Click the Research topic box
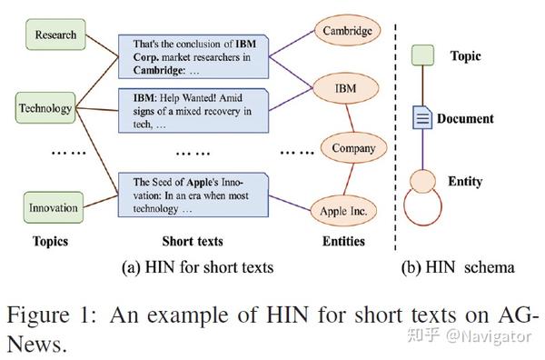tap(55, 35)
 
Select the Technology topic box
tap(45, 108)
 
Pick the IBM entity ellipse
tap(345, 89)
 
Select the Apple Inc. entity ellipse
tap(342, 211)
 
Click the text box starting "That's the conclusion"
tap(191, 56)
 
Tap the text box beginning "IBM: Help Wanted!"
tap(191, 111)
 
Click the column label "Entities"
tap(342, 242)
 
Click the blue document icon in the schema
tap(422, 117)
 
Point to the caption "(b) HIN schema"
tap(458, 267)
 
